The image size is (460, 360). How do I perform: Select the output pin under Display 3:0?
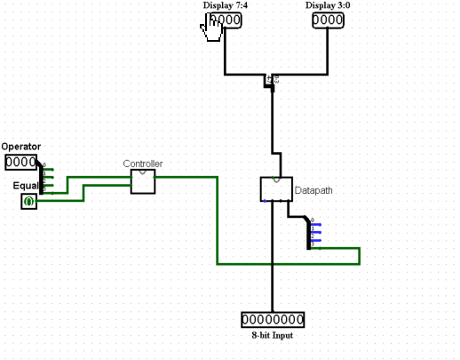pyautogui.click(x=328, y=20)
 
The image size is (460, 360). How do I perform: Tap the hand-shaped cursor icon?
pyautogui.click(x=211, y=28)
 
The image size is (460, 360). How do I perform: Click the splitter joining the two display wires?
pyautogui.click(x=271, y=81)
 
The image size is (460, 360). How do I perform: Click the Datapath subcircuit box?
pyautogui.click(x=275, y=188)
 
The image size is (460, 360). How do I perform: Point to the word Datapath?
pyautogui.click(x=313, y=190)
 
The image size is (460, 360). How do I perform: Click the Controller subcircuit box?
pyautogui.click(x=142, y=181)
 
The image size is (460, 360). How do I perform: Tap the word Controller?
pyautogui.click(x=142, y=164)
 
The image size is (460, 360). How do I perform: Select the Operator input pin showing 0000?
pyautogui.click(x=20, y=162)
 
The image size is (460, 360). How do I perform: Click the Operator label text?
pyautogui.click(x=20, y=147)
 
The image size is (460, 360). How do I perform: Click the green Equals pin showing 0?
pyautogui.click(x=28, y=202)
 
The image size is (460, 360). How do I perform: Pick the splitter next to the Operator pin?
pyautogui.click(x=41, y=179)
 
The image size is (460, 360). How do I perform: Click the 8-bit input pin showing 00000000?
pyautogui.click(x=273, y=319)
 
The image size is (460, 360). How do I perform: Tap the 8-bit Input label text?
pyautogui.click(x=273, y=335)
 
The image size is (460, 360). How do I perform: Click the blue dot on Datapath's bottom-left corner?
pyautogui.click(x=264, y=200)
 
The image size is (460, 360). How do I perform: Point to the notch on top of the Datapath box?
pyautogui.click(x=275, y=179)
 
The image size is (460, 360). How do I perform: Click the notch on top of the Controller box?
pyautogui.click(x=142, y=172)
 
